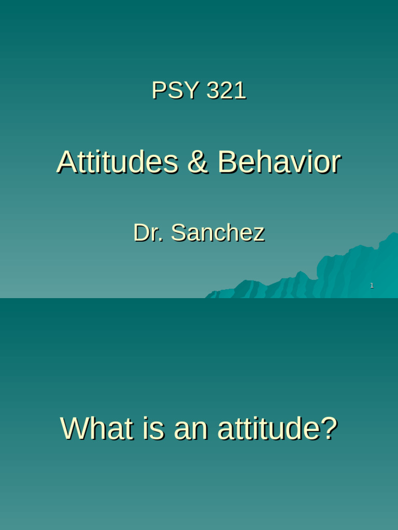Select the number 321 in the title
tap(226, 91)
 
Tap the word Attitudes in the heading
tap(117, 161)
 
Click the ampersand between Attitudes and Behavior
tap(197, 161)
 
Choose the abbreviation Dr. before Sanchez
tap(149, 233)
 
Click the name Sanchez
tap(218, 233)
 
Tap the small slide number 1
tap(372, 286)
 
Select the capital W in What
tap(75, 429)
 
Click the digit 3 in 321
tap(213, 91)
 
